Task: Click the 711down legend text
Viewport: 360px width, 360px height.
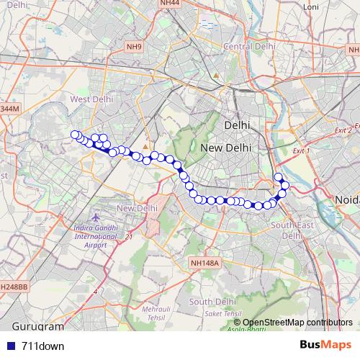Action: point(43,346)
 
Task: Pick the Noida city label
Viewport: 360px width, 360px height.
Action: point(347,199)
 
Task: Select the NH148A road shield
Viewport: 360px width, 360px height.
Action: point(204,264)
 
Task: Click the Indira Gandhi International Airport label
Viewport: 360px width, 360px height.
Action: point(101,236)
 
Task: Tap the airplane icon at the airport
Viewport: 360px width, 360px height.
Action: point(97,217)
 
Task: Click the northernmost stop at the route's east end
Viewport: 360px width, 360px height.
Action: point(279,176)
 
